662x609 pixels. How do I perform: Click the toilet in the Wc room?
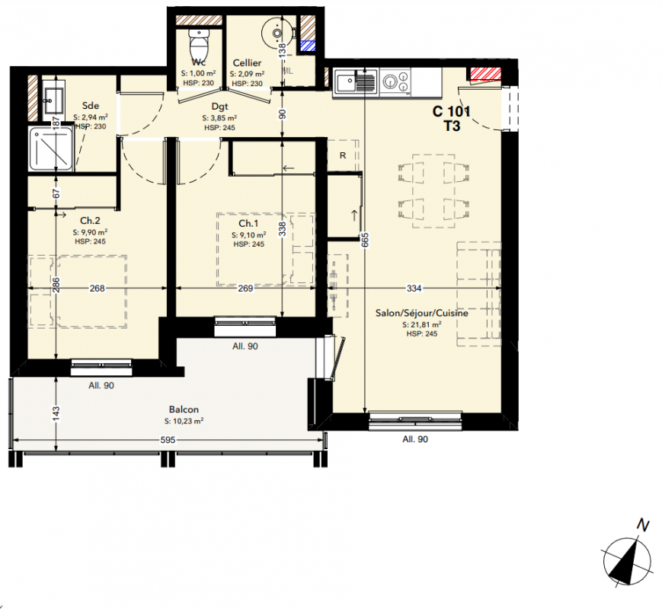point(198,45)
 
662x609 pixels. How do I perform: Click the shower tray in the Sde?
point(51,148)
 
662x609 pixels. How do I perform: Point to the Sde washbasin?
point(53,100)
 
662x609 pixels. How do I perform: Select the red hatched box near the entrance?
point(485,74)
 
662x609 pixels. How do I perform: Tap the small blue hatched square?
point(307,46)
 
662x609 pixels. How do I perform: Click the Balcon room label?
point(184,410)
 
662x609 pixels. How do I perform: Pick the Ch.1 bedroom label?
point(248,224)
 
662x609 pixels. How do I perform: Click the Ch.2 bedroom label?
point(90,221)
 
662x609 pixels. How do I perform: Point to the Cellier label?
point(247,63)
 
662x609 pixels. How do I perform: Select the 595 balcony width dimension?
point(168,440)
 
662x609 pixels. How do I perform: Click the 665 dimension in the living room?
point(365,240)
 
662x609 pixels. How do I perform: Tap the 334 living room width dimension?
point(414,288)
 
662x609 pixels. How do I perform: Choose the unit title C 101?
point(451,111)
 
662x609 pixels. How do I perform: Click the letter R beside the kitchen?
point(342,155)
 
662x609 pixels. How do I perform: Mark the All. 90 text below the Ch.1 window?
point(245,346)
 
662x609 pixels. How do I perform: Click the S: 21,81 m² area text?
point(422,324)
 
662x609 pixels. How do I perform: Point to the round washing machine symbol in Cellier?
point(277,31)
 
